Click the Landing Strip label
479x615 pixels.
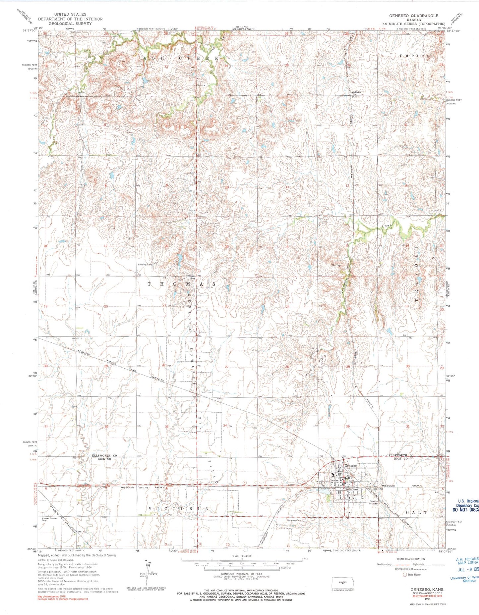pyautogui.click(x=145, y=265)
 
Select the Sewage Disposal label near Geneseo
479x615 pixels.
pyautogui.click(x=374, y=502)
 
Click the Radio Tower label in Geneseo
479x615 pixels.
pyautogui.click(x=352, y=489)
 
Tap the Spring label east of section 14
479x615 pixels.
pyautogui.click(x=336, y=265)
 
